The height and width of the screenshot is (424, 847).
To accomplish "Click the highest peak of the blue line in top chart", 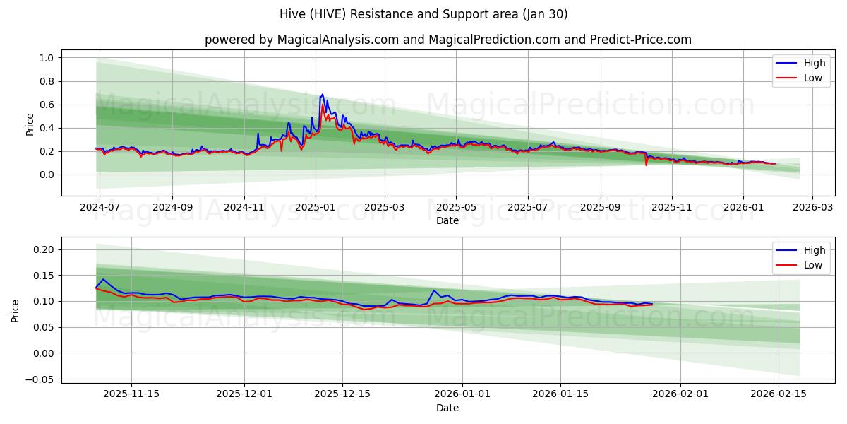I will tap(323, 94).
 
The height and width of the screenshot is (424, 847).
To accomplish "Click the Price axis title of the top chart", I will tap(30, 124).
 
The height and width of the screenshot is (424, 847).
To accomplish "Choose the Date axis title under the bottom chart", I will tap(447, 408).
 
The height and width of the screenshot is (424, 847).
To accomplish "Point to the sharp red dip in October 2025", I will tap(646, 165).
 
